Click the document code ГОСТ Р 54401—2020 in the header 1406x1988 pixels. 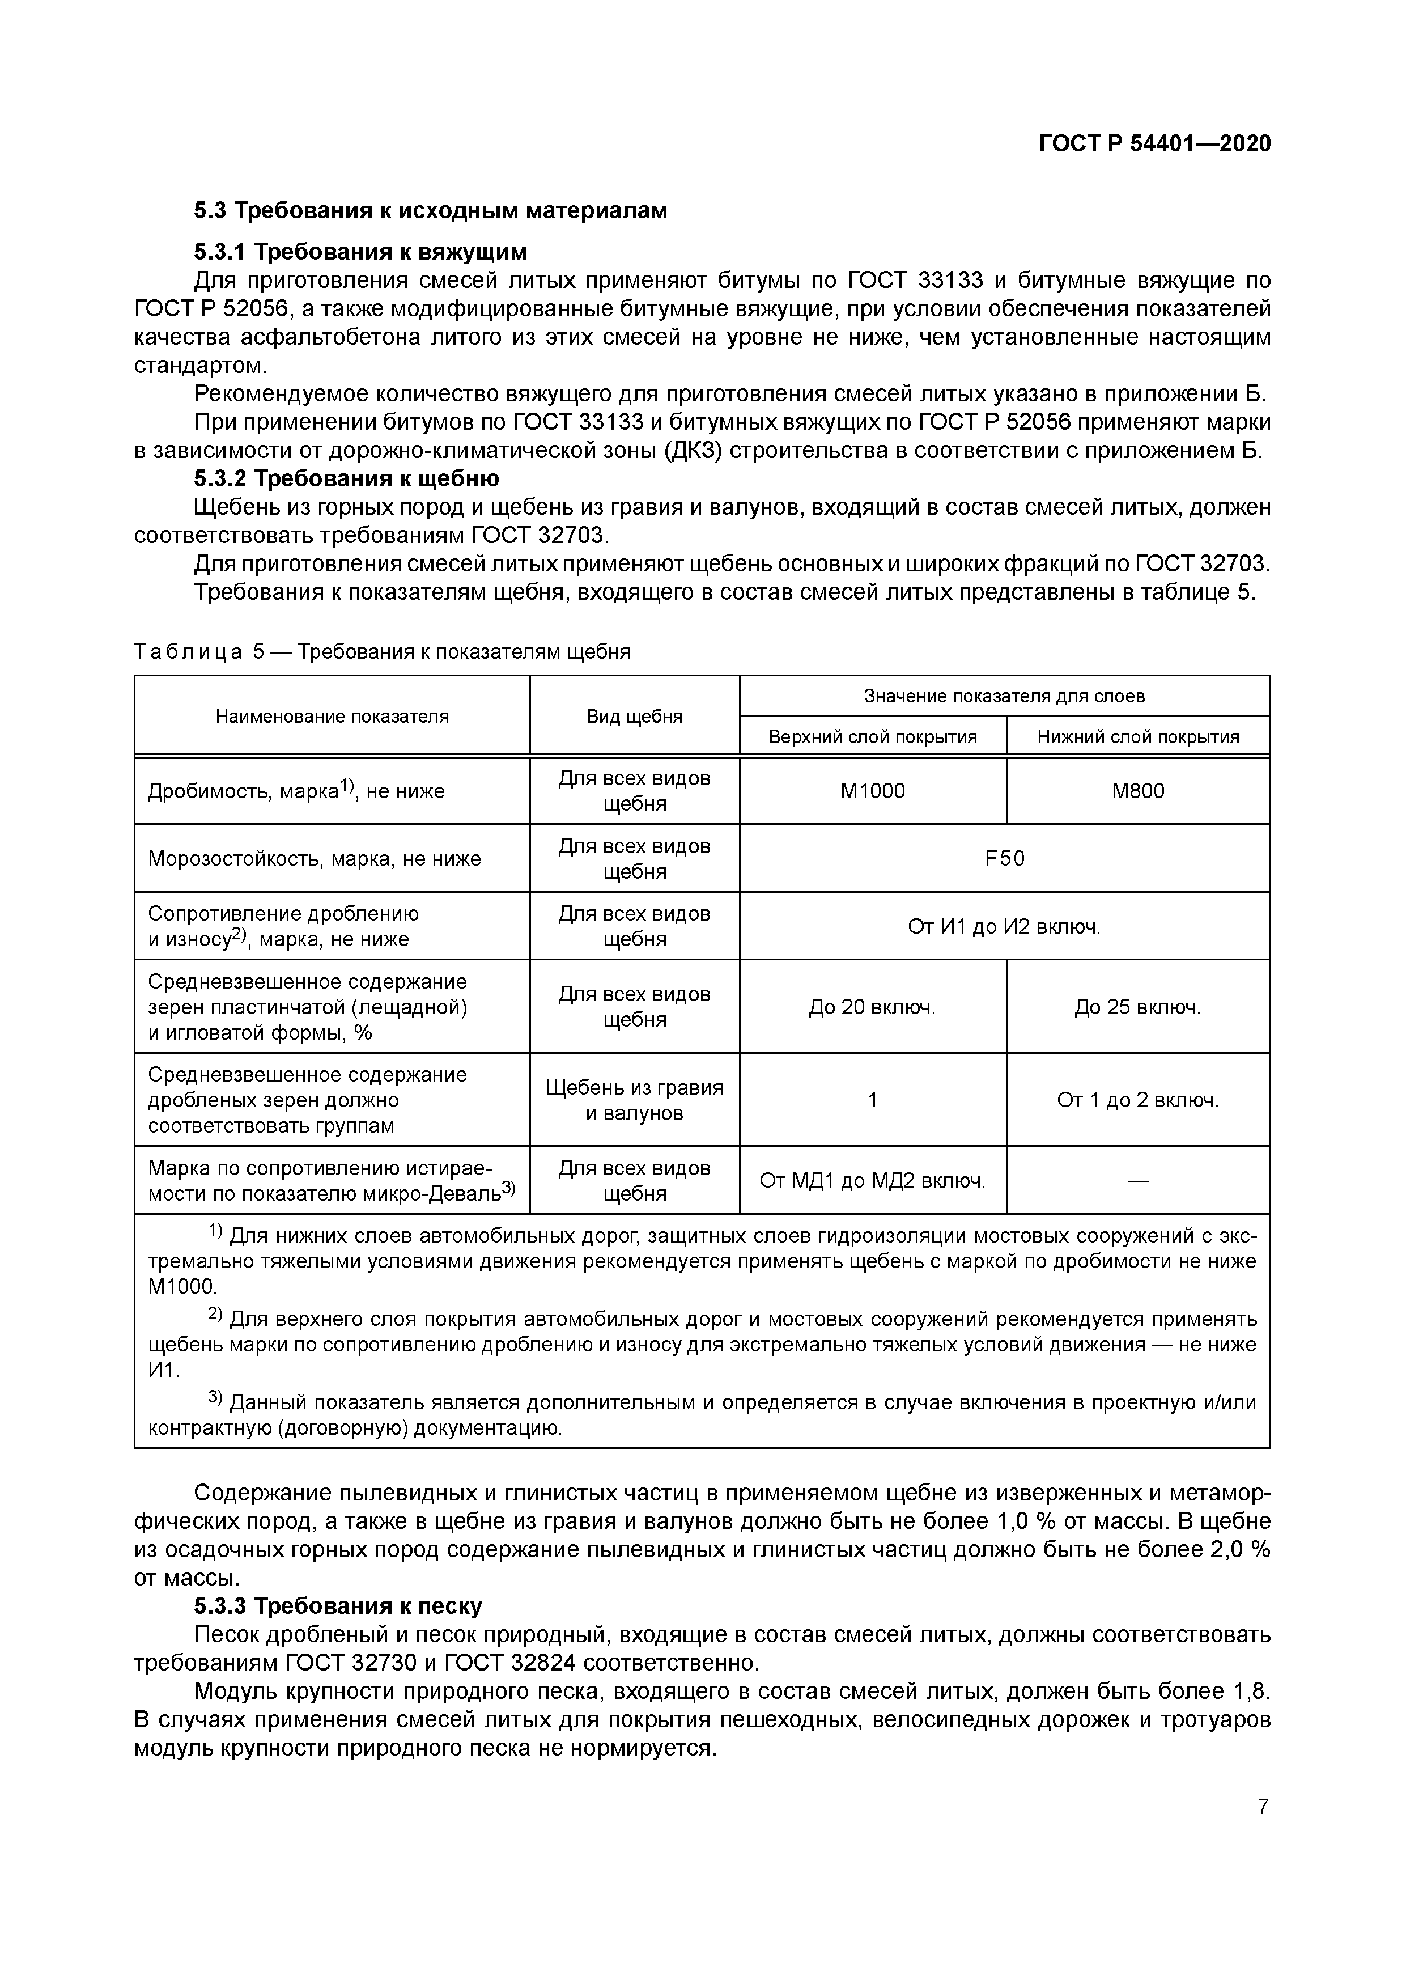coord(1155,143)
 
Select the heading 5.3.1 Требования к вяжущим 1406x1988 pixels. coord(360,252)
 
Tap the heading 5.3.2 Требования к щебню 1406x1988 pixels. coord(346,479)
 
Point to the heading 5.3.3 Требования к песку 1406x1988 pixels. coord(338,1605)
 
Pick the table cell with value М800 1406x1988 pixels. coord(1137,791)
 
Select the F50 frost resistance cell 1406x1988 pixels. coord(1004,858)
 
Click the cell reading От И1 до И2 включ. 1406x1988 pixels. coord(1004,926)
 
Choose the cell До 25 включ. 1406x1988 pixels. coord(1137,1007)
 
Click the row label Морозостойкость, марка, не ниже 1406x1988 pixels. coord(315,858)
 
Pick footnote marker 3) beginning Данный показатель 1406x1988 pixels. coord(215,1398)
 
